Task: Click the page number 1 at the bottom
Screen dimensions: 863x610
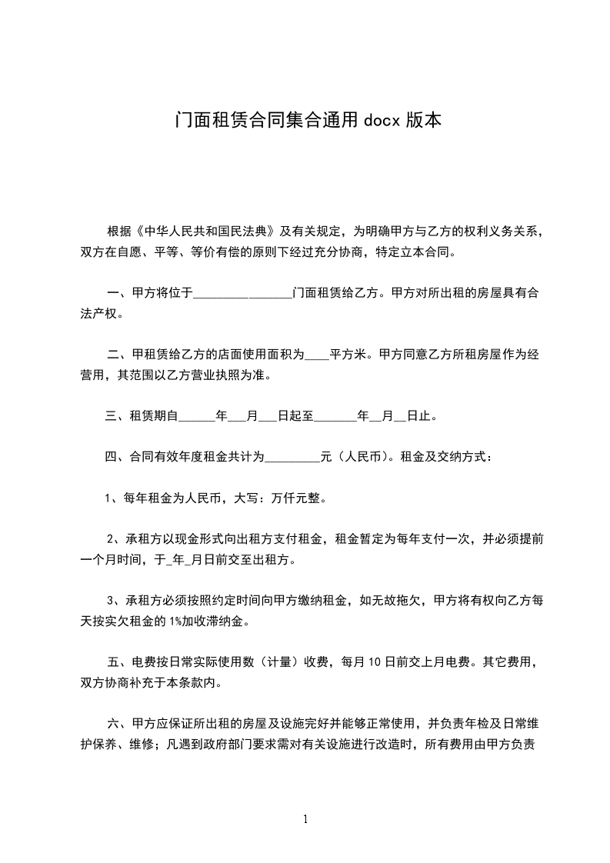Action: tap(305, 819)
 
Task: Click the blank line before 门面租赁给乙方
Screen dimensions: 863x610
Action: tap(243, 295)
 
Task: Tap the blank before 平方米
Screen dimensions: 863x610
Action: tap(317, 356)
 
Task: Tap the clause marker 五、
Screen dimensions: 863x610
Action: tap(118, 661)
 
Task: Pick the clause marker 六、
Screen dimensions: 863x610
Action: tap(118, 723)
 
